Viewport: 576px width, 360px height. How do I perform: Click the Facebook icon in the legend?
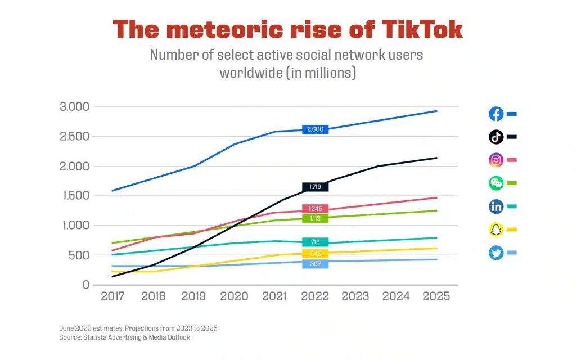pos(496,114)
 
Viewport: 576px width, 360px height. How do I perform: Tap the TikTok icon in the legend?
pos(496,137)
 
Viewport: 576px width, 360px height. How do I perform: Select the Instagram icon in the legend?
pos(496,160)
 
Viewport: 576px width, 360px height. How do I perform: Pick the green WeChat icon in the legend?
pos(496,183)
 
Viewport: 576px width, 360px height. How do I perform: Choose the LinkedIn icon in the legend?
pos(496,206)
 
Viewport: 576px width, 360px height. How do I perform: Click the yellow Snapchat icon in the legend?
pos(496,229)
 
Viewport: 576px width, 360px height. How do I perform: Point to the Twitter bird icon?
pos(496,253)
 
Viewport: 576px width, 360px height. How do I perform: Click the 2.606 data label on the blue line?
pos(315,129)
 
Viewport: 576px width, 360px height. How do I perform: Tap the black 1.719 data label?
pos(315,187)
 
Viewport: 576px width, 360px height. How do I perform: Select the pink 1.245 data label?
pos(315,209)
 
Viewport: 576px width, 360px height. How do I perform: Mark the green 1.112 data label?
pos(315,219)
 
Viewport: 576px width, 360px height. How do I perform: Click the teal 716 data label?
pos(315,242)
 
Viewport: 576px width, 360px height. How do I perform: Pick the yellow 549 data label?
pos(315,254)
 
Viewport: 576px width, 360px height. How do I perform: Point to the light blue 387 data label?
pos(315,264)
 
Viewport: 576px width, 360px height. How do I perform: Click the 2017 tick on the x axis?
pos(112,296)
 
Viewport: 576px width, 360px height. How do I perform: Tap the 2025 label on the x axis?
pos(436,296)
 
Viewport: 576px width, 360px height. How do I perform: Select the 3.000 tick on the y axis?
pos(75,107)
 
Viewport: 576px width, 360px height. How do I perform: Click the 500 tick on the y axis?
pos(78,255)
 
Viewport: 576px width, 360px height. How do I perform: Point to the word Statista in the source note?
pos(93,337)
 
